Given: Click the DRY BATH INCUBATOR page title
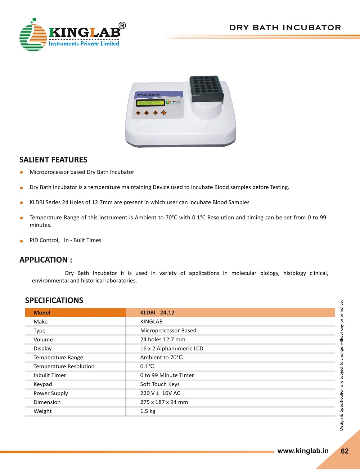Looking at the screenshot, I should (285, 28).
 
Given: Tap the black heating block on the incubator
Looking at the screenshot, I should (206, 88).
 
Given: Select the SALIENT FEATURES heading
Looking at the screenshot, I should (53, 160).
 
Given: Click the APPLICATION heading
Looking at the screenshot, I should (46, 260).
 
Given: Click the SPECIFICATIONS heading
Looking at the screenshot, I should (54, 300).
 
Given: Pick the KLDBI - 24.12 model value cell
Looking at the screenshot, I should (157, 313).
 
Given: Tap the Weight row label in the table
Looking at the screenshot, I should (42, 411).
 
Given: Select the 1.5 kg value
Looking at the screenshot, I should (148, 411).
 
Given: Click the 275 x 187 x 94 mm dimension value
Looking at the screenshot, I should (164, 402).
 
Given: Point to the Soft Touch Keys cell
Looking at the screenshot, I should (160, 384).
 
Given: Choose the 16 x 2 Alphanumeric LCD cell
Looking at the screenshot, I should (172, 348).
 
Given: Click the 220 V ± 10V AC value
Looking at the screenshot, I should (160, 393).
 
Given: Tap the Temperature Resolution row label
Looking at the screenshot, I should (64, 366).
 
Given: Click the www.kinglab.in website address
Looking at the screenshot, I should (303, 451).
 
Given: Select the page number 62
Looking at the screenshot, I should (345, 451).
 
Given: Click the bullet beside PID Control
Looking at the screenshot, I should (22, 241).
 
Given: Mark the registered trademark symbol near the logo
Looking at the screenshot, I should (122, 26).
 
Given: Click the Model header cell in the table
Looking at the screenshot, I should (42, 313).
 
